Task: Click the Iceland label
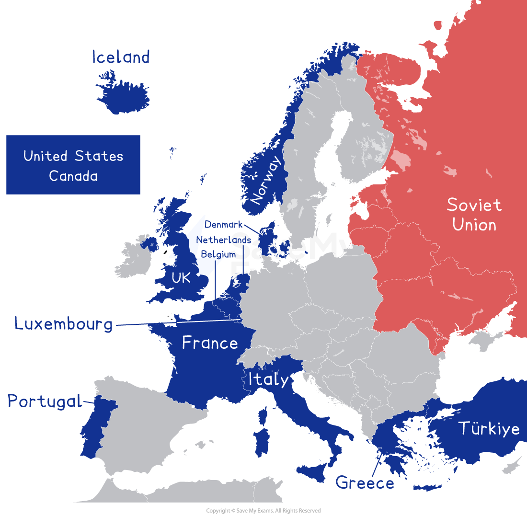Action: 121,57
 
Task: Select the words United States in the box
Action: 73,156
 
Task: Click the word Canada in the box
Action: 73,176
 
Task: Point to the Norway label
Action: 265,181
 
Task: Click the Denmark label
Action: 223,225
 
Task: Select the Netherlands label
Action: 223,240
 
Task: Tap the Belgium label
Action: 218,254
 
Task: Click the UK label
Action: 181,277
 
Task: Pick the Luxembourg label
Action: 64,324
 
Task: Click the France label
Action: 210,343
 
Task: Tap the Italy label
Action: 268,379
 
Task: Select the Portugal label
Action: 45,401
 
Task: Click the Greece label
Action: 365,482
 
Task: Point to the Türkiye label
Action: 489,428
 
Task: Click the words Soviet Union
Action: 474,215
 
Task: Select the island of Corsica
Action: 263,415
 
